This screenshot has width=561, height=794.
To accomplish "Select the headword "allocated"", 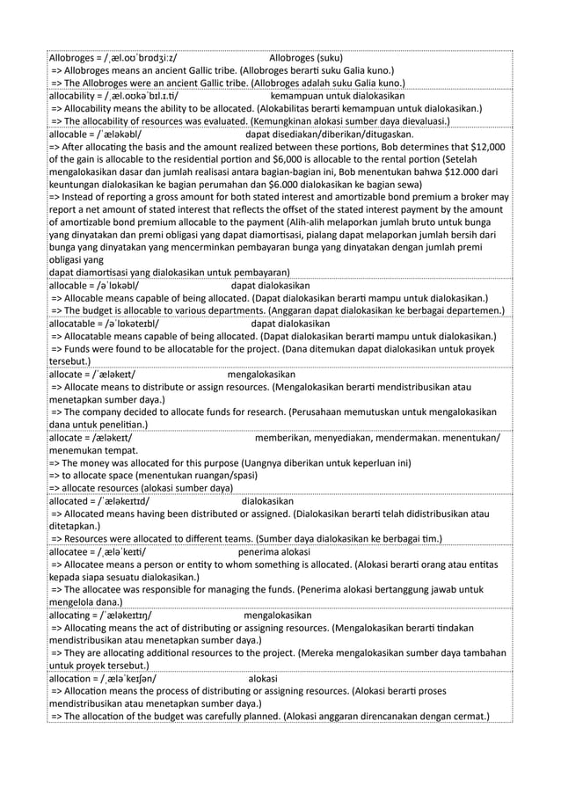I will click(x=75, y=500).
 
